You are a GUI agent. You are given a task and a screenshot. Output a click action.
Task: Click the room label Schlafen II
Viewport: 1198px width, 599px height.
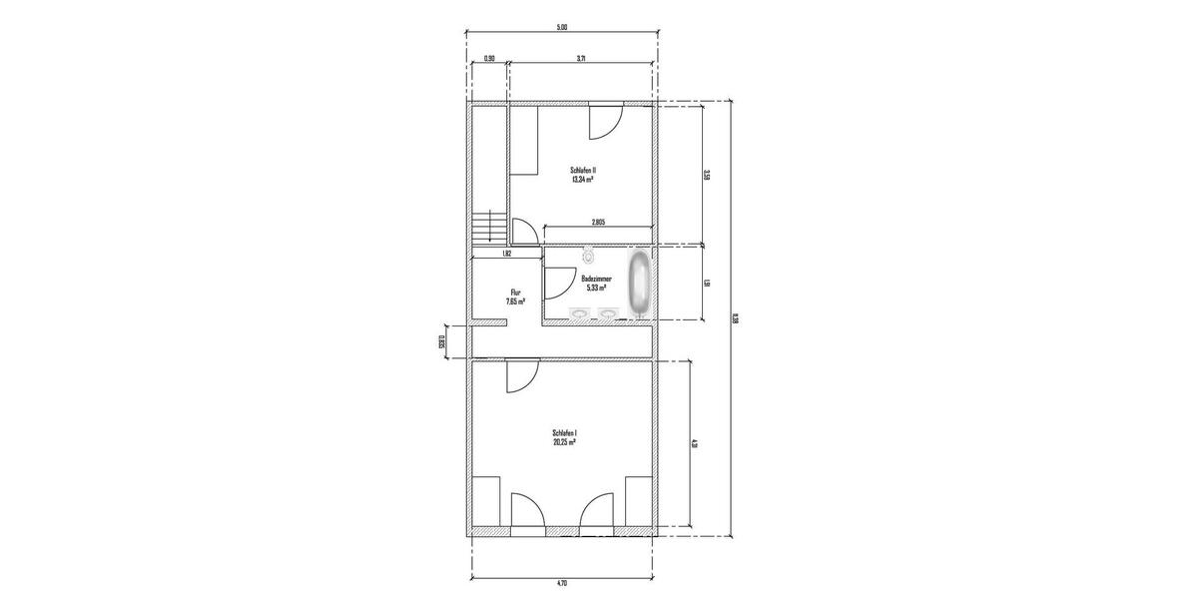[x=583, y=171]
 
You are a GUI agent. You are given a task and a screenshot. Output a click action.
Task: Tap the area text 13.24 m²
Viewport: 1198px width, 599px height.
[x=583, y=181]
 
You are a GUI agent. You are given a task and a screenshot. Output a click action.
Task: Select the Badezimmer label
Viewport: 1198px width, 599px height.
[x=596, y=279]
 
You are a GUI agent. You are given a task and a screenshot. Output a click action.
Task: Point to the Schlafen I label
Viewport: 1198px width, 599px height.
[x=565, y=433]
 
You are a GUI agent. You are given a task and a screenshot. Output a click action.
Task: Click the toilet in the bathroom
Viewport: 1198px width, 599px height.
[x=588, y=254]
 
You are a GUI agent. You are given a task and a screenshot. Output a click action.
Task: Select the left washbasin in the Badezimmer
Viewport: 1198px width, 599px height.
[x=579, y=314]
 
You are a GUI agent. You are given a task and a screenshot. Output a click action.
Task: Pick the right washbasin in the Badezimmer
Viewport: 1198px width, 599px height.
[x=607, y=314]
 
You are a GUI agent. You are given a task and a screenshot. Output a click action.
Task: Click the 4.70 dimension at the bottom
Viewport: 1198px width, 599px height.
[x=561, y=582]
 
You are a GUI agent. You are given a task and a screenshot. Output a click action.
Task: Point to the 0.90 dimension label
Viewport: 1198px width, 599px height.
[x=489, y=59]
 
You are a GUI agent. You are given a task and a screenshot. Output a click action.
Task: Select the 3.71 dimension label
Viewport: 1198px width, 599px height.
[x=581, y=59]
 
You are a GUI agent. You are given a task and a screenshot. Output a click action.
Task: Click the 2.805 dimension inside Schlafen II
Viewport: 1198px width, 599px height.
[x=599, y=222]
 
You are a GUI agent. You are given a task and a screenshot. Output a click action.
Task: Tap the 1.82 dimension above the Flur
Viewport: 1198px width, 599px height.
[x=507, y=254]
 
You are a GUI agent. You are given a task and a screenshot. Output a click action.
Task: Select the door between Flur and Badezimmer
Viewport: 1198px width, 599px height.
[x=552, y=284]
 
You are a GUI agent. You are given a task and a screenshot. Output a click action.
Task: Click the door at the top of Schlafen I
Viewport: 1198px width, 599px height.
[x=521, y=375]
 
